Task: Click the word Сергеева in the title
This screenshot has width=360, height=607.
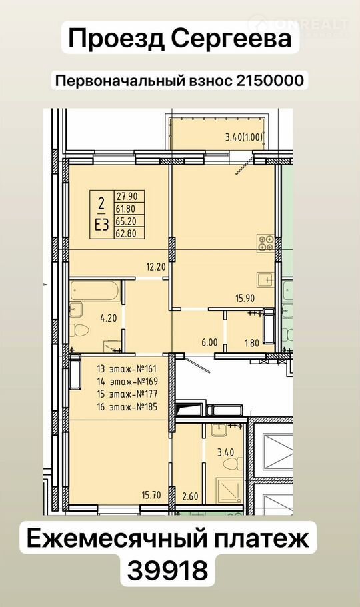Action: pos(231,39)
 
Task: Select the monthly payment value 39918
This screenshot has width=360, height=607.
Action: pos(167,570)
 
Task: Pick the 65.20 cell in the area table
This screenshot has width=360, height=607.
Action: pos(126,221)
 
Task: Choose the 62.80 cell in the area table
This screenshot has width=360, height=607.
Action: pos(126,233)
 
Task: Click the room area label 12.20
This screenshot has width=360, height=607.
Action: pos(156,267)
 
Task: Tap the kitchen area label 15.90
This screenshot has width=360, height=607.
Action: pos(246,298)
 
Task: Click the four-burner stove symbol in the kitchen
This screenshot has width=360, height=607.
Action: pos(266,243)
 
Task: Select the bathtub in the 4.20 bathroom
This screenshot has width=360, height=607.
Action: pos(95,291)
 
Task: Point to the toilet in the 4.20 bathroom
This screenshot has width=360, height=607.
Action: pos(80,330)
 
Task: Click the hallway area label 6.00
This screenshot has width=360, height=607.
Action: pos(210,342)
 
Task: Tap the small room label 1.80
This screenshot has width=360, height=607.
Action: pos(252,343)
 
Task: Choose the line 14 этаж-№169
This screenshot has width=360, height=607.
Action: pos(127,381)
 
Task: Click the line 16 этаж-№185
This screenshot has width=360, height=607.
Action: pos(127,407)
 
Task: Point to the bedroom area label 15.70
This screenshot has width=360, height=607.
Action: pos(151,494)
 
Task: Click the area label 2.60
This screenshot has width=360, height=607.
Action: pos(190,496)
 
